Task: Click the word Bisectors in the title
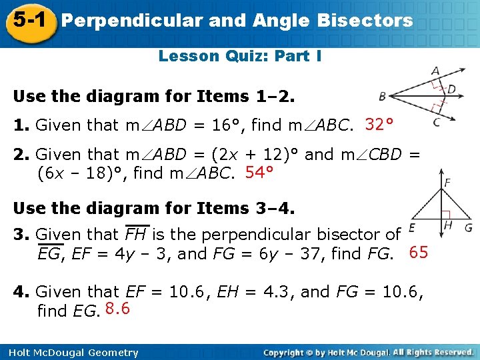click(365, 21)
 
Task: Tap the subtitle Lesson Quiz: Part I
click(240, 56)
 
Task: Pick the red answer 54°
click(260, 173)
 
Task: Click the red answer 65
click(418, 253)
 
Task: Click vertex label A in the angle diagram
click(435, 71)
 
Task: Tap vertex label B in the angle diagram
click(382, 97)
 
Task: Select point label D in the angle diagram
click(451, 89)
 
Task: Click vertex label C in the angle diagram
click(435, 122)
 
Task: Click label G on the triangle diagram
click(468, 227)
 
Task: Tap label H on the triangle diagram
click(448, 225)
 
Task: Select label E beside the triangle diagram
click(413, 227)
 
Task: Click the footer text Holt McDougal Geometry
click(70, 353)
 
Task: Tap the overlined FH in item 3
click(137, 235)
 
